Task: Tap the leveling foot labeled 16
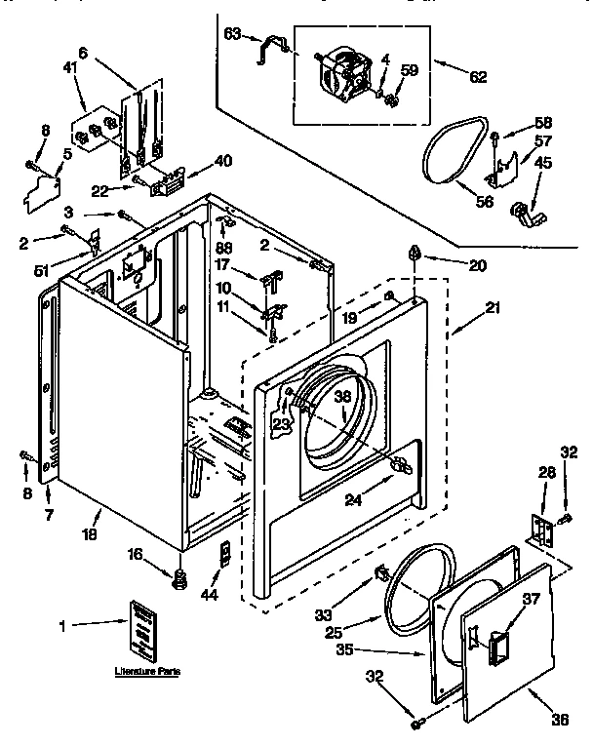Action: tap(179, 581)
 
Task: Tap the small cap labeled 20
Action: tap(415, 255)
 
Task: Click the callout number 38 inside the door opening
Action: tap(342, 398)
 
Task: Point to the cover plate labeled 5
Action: tap(43, 193)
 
